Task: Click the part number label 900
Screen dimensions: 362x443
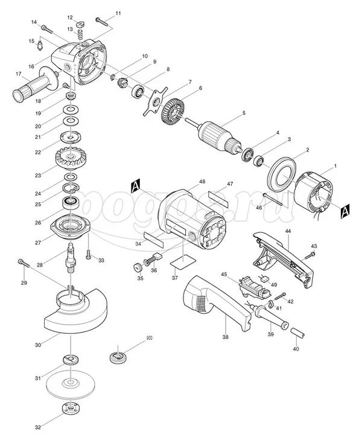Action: click(x=149, y=338)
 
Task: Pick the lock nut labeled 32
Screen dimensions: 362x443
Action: click(x=71, y=408)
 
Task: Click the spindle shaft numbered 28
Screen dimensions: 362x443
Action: click(x=71, y=257)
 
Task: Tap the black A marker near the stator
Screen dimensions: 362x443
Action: click(x=345, y=211)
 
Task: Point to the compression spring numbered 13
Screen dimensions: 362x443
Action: click(x=80, y=35)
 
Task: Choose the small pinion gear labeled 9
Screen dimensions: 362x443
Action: click(x=122, y=83)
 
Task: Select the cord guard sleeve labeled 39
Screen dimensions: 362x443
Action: click(x=269, y=316)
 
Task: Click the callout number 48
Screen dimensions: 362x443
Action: click(x=202, y=182)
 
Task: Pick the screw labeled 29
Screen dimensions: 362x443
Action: click(x=24, y=263)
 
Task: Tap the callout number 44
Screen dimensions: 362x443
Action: click(x=288, y=231)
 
